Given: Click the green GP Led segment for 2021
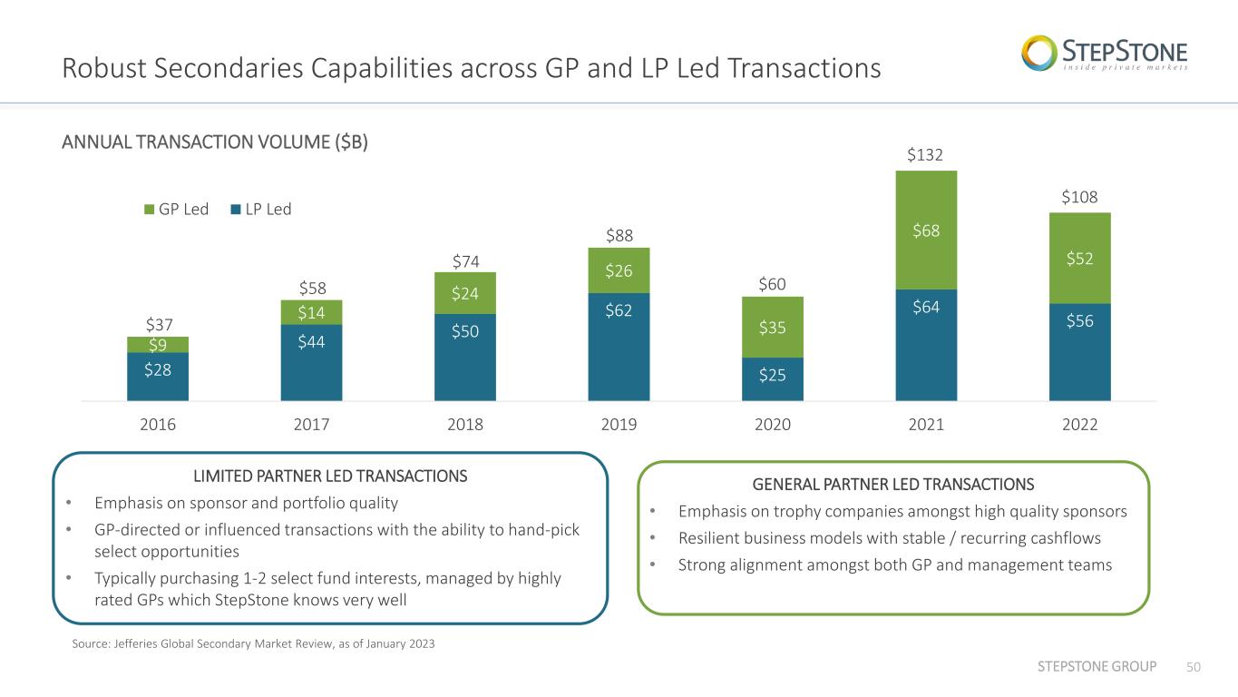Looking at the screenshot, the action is tap(926, 231).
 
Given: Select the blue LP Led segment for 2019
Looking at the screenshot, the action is tap(619, 347).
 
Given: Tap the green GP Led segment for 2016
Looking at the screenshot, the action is tap(158, 345).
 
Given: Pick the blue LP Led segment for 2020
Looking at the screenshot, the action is tap(772, 379).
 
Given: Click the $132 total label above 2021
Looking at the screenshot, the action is tap(924, 155).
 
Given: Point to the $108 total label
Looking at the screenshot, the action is tap(1079, 197).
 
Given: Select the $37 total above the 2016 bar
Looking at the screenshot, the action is tap(160, 324).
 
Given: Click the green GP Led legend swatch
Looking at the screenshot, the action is tap(150, 210).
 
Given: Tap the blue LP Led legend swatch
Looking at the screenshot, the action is tap(236, 210).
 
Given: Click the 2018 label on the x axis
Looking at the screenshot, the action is tap(464, 425).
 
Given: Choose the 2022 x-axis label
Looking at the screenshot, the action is tap(1079, 425).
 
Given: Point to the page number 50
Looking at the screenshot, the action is tap(1194, 667).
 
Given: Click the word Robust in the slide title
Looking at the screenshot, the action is tap(103, 69).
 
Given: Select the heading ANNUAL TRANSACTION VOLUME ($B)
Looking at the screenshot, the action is tap(214, 142).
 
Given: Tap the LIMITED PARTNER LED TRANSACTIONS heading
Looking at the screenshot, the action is tap(330, 476).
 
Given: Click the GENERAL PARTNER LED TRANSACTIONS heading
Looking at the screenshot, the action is tap(893, 485).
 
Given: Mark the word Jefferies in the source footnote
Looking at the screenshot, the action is tap(135, 643).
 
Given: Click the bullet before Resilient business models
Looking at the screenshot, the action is tap(653, 537).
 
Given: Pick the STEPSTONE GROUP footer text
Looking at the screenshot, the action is tap(1097, 666).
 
